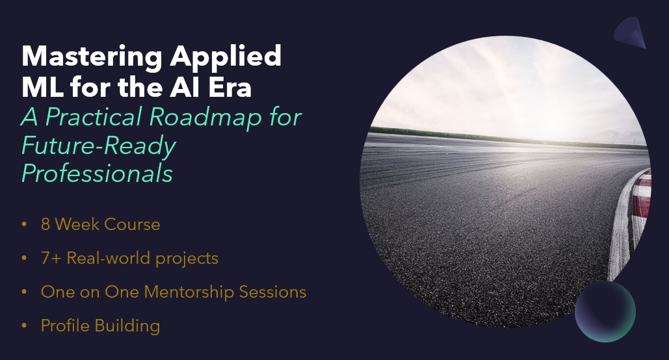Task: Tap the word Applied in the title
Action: pos(226,57)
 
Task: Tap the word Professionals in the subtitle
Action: pos(97,174)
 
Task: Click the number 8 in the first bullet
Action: pos(46,225)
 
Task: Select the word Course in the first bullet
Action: pos(130,225)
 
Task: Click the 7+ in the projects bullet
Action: pos(49,259)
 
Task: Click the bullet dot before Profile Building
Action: pos(25,326)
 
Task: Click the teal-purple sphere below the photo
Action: pos(605,311)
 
